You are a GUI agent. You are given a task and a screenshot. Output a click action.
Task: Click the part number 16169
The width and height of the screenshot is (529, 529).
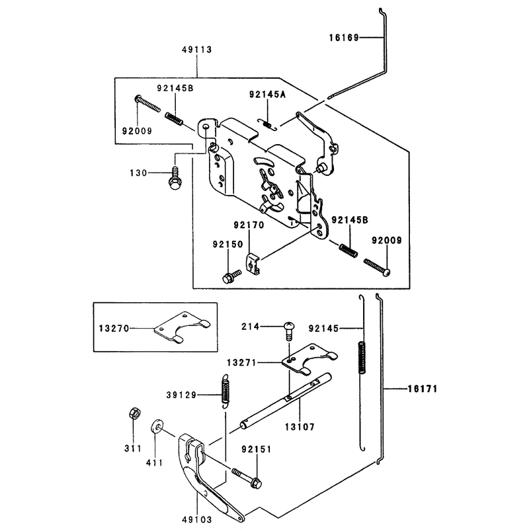pos(344,38)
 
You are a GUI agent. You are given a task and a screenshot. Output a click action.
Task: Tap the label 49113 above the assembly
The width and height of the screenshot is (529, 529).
pos(197,50)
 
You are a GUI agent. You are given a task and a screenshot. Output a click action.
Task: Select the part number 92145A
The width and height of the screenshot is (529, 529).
pos(268,94)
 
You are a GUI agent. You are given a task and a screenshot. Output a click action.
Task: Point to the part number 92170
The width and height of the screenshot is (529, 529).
pos(249,225)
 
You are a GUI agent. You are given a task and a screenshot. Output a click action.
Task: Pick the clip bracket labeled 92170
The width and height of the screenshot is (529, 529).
pos(253,264)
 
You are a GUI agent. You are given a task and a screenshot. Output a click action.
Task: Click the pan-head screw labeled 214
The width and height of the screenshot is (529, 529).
pos(289,331)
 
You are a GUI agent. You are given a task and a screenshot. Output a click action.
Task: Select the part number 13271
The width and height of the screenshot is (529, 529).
pos(242,362)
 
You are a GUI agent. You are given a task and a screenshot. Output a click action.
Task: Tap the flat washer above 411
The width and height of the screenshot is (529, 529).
pos(156,426)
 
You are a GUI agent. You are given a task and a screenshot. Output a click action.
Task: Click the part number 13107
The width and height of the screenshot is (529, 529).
pos(300,427)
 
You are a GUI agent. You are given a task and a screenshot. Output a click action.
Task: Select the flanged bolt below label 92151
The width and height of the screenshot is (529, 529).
pos(247,477)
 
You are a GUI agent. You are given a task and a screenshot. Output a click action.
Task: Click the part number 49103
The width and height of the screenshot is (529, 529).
pos(197,519)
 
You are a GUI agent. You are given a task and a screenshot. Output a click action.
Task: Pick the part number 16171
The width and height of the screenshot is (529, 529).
pos(423,389)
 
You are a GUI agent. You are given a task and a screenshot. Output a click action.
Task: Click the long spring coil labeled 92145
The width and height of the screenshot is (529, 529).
pos(361,358)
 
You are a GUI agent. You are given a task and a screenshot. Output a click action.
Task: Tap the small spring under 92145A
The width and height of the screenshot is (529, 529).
pos(267,124)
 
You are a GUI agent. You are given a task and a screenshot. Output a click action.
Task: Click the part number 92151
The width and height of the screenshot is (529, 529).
pos(257,449)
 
